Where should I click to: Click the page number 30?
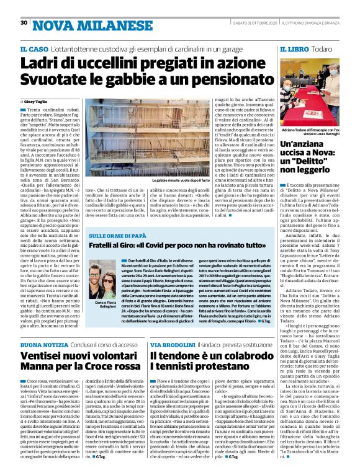[24, 23]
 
